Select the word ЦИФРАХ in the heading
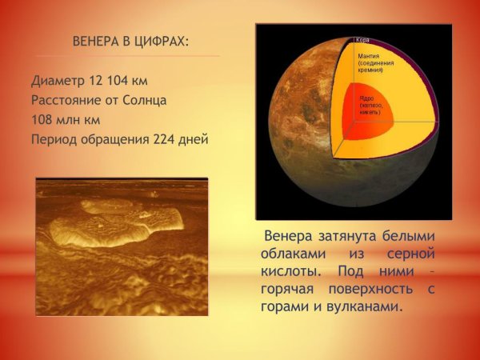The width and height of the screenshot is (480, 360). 163,41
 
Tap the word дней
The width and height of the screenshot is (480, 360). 194,141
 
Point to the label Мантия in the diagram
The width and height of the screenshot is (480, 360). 369,56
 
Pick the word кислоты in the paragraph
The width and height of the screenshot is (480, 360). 288,271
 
